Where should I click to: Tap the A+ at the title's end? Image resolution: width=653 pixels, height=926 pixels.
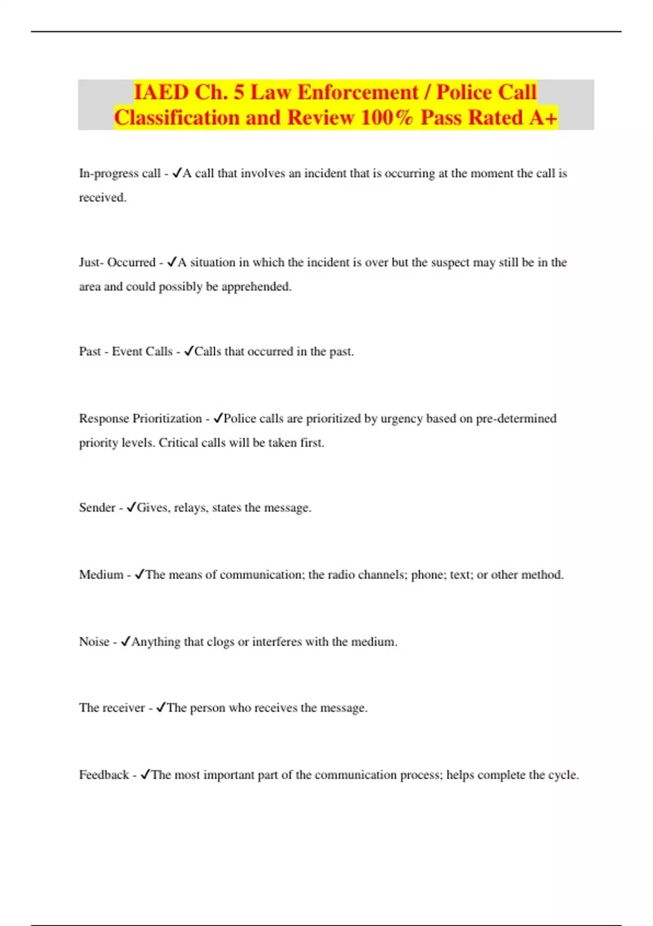[x=543, y=117]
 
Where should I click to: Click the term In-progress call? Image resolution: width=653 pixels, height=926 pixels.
[x=120, y=173]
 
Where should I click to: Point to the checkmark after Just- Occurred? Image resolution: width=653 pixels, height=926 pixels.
[x=171, y=262]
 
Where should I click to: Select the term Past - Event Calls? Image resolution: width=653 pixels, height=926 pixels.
[x=126, y=351]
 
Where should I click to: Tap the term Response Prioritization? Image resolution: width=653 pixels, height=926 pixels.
[x=140, y=418]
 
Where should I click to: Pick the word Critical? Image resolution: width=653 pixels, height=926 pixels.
[x=178, y=442]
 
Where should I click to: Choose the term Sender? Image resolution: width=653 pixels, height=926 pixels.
[x=97, y=508]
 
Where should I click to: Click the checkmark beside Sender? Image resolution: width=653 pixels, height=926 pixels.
[x=131, y=507]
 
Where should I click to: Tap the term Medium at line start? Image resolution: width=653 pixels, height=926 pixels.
[x=101, y=575]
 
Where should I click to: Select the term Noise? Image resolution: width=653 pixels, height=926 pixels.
[x=94, y=642]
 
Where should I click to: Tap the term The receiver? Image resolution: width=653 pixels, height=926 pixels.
[x=112, y=708]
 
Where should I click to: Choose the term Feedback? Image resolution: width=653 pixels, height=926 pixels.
[x=104, y=775]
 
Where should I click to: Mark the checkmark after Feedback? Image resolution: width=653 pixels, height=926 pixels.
[x=145, y=774]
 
